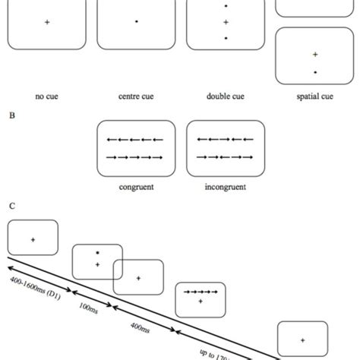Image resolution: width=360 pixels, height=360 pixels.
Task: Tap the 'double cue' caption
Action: tap(226, 96)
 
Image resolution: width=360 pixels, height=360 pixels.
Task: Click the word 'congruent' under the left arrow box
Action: tap(137, 185)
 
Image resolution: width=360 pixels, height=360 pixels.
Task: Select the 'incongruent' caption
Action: tap(226, 185)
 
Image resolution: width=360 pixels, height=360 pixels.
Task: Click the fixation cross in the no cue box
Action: tap(47, 23)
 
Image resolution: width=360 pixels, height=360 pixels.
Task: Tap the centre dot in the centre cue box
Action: tap(136, 23)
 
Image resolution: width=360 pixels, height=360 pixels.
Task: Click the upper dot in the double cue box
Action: tap(226, 7)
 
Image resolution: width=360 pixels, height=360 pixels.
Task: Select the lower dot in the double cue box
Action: tap(226, 38)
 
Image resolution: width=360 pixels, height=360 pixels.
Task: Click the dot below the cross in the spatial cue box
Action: tap(314, 72)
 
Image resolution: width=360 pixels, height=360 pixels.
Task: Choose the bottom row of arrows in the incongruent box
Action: tap(226, 158)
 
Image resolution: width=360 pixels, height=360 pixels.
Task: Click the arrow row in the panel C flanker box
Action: tap(200, 292)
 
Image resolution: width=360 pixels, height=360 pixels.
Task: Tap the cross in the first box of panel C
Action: tap(33, 240)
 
